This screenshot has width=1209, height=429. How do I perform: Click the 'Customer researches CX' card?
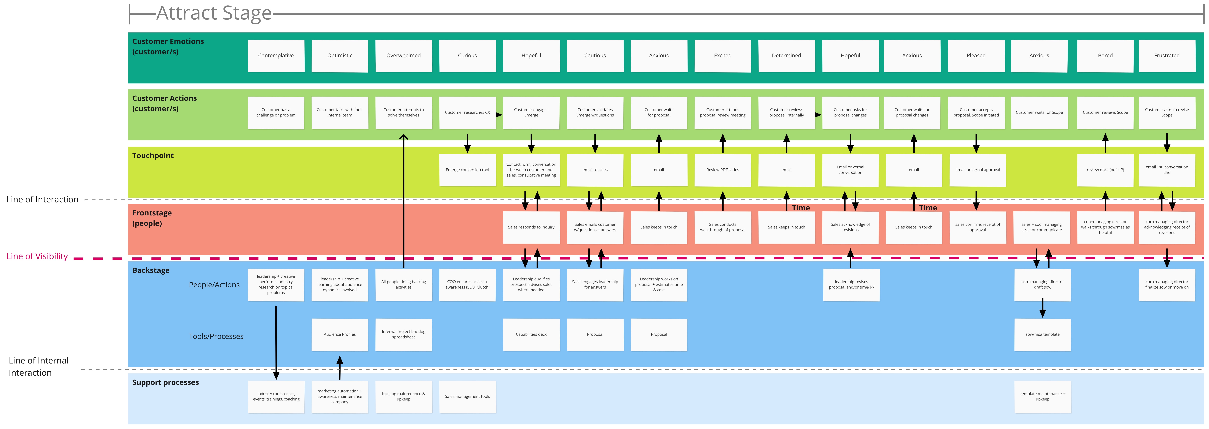(x=468, y=113)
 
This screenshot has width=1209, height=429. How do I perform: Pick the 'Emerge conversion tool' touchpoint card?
(x=468, y=170)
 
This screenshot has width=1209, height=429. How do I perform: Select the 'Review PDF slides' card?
(x=723, y=170)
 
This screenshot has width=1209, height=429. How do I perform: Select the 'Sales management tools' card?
(x=468, y=397)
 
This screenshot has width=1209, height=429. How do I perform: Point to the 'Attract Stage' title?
(x=214, y=13)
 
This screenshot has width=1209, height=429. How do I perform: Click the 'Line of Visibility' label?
(x=37, y=256)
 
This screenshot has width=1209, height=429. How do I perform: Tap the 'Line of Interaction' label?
(x=42, y=200)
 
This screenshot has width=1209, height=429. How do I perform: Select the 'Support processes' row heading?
(x=166, y=383)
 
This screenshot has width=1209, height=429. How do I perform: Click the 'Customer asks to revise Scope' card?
(x=1167, y=113)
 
